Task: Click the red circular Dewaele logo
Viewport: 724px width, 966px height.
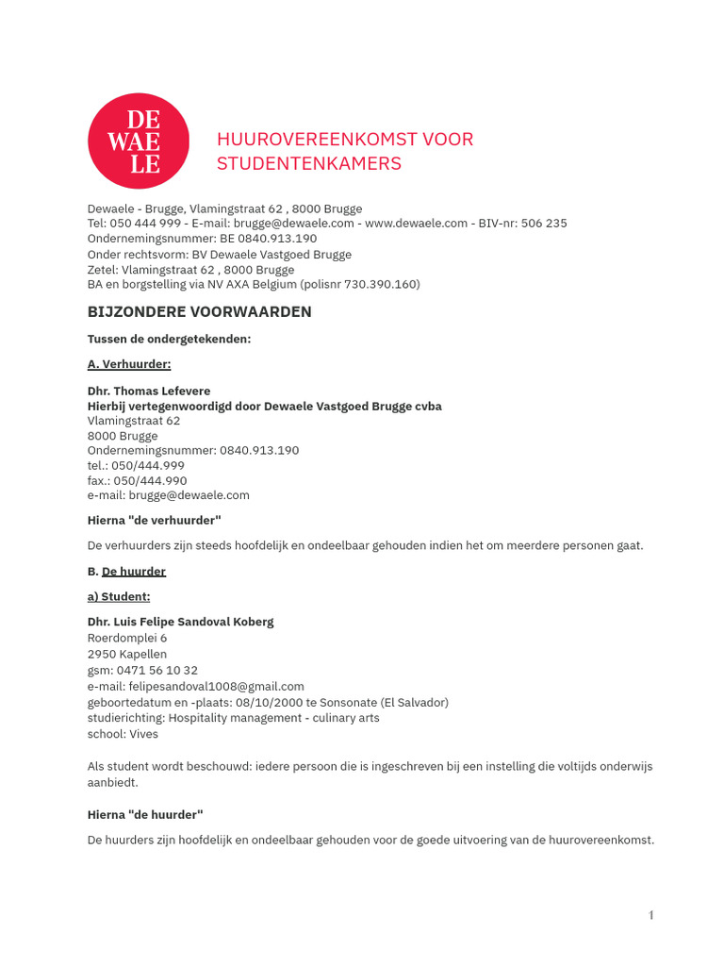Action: (x=138, y=141)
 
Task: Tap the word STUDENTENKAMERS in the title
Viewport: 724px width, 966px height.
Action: (x=309, y=163)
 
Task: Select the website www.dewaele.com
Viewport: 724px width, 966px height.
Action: (x=416, y=224)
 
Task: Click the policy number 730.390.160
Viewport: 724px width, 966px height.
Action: (x=374, y=284)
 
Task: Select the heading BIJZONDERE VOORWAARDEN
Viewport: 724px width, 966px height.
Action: (x=199, y=312)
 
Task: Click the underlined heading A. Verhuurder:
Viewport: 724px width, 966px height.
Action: (x=129, y=364)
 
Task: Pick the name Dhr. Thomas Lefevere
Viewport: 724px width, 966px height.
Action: (x=149, y=391)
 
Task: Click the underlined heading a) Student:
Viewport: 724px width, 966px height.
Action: (x=119, y=596)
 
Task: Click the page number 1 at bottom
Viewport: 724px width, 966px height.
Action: (x=650, y=915)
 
